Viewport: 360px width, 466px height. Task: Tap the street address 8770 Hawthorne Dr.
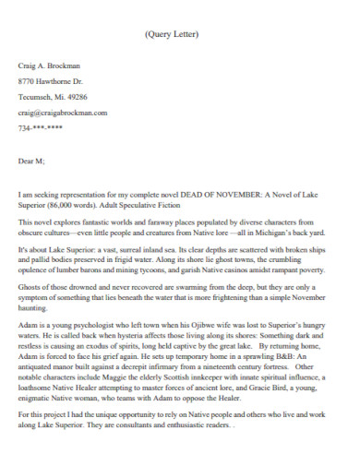[x=51, y=82]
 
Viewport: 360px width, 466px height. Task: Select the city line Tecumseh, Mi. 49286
[x=53, y=97]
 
